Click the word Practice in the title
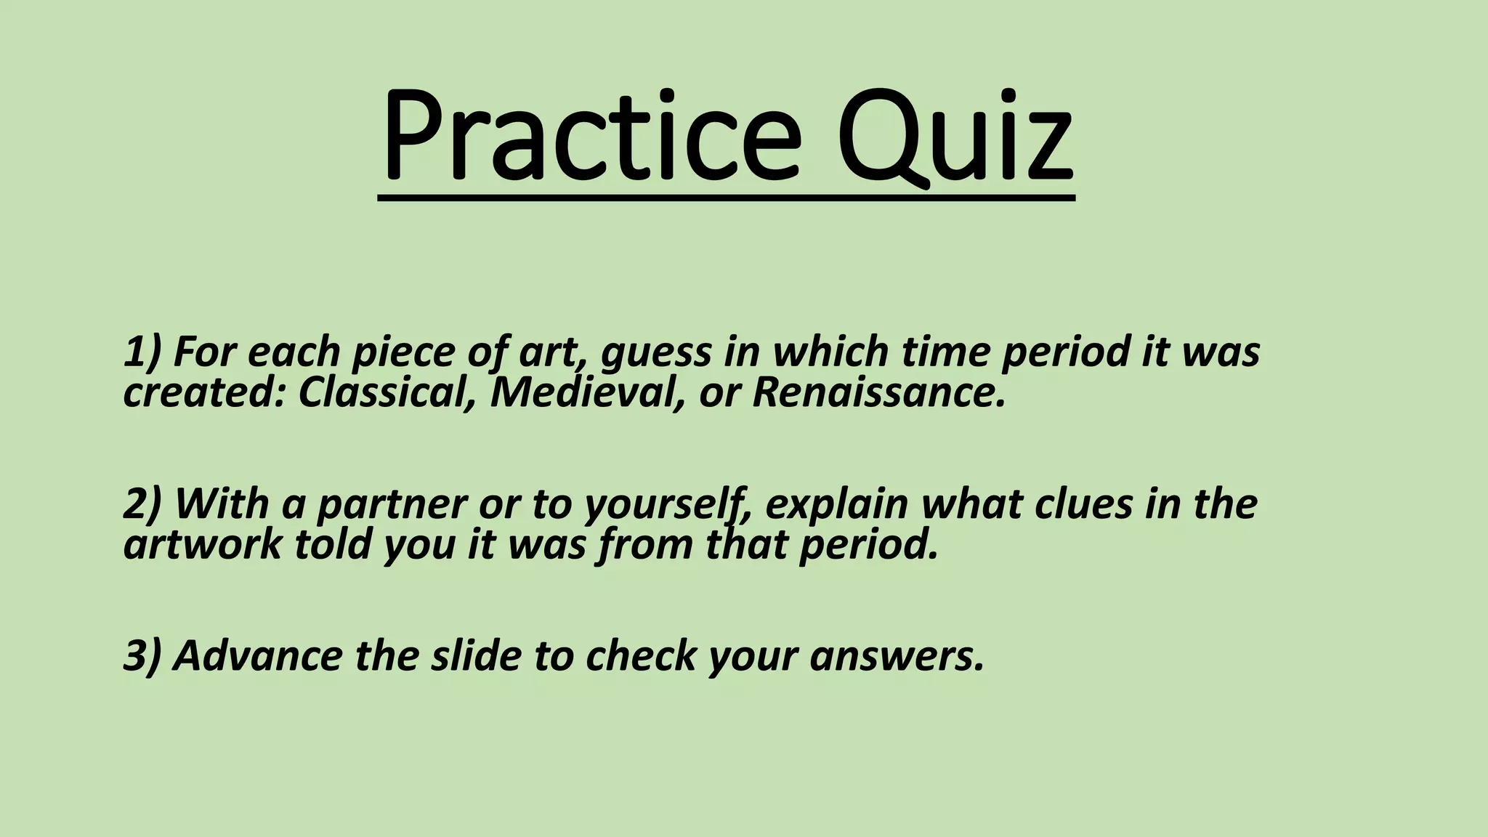click(590, 137)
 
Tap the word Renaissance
click(878, 393)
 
